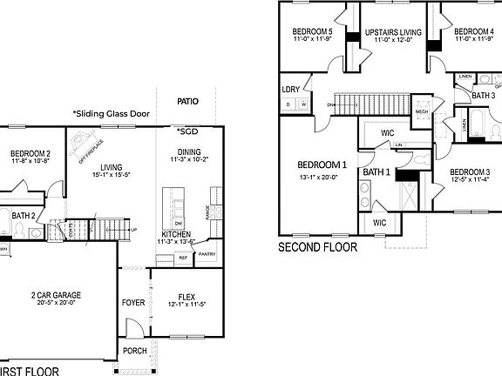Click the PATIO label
pos(187,102)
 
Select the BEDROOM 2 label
pos(31,151)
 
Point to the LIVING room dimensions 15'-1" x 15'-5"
pos(110,175)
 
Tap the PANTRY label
pos(207,254)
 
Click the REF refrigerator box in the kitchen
pos(184,258)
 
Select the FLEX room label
pos(185,295)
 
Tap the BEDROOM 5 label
pos(312,31)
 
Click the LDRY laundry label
pos(291,90)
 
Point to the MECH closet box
pos(422,112)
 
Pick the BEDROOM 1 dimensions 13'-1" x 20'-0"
pos(322,178)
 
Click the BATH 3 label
pos(483,96)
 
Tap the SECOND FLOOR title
pos(317,248)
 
